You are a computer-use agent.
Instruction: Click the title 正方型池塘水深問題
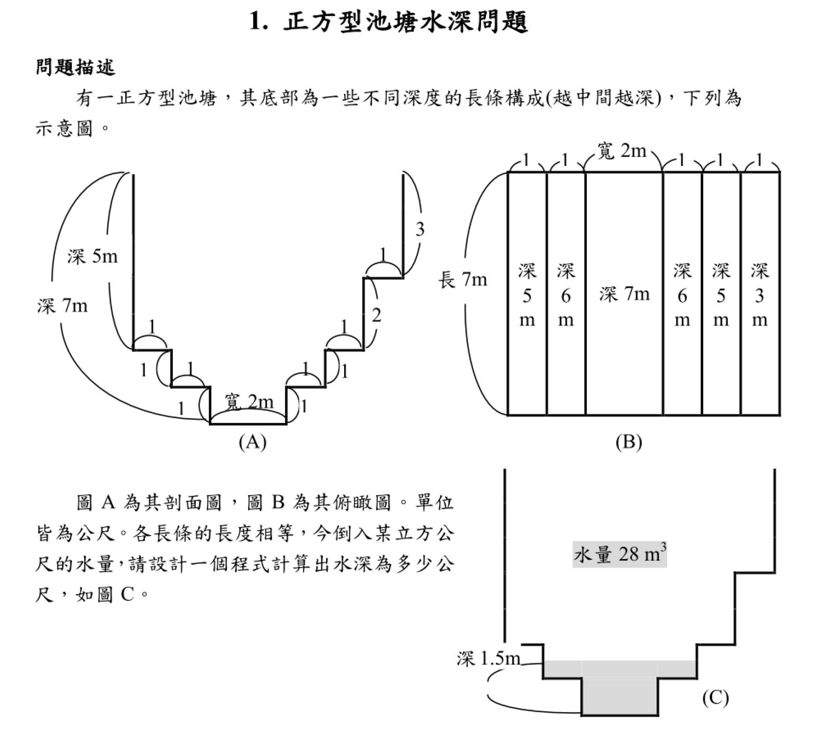click(389, 22)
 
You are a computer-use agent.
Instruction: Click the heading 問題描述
click(76, 67)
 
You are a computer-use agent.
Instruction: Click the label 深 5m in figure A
click(93, 256)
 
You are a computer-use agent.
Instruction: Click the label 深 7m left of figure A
click(62, 306)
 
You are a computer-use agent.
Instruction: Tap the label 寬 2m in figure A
click(249, 402)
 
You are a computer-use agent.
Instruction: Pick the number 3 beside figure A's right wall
click(420, 229)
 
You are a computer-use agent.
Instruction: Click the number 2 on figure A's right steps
click(376, 316)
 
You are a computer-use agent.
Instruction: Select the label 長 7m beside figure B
click(463, 280)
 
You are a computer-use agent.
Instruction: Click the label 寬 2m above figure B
click(622, 151)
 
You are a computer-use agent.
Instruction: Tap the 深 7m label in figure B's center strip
click(625, 294)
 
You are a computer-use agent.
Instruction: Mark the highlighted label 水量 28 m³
click(620, 554)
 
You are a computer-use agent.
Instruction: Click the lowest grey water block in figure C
click(620, 697)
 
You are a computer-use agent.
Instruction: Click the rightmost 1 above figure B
click(759, 160)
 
